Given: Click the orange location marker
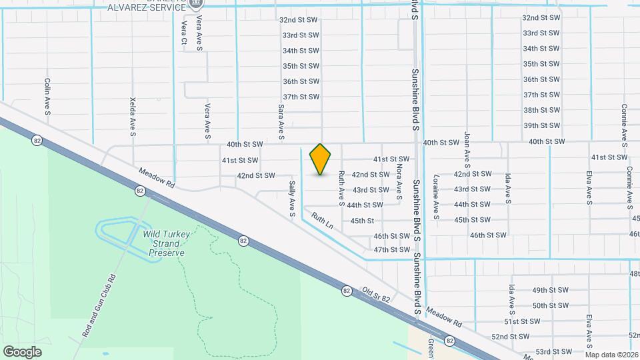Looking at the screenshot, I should click(x=321, y=159).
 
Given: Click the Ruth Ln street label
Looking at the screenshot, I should click(x=322, y=221).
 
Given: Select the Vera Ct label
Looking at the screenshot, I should click(x=184, y=33).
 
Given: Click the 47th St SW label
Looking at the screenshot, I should click(x=391, y=250).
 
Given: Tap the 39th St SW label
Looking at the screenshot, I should click(x=540, y=125).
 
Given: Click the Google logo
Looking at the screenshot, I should click(x=22, y=351).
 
